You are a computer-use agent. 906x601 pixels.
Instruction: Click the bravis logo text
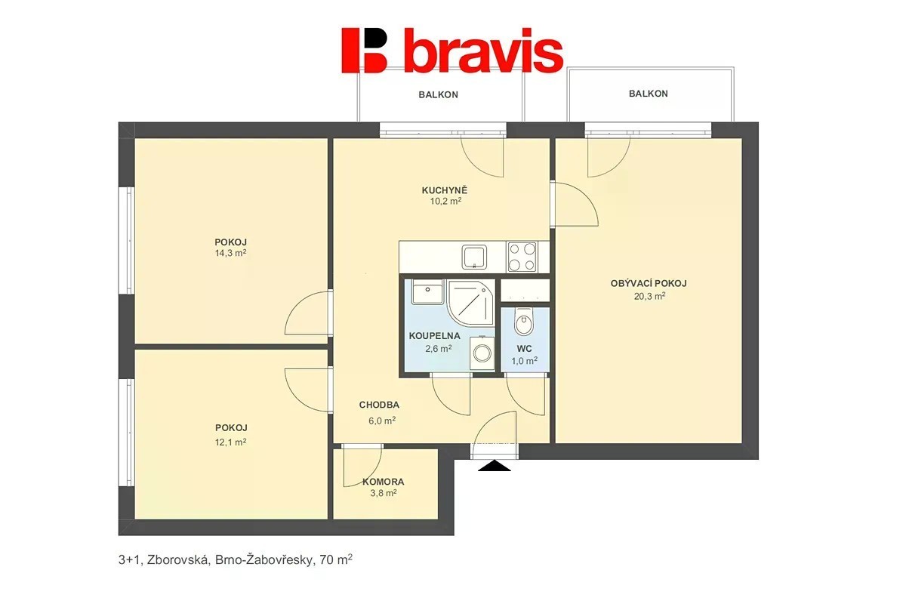483,51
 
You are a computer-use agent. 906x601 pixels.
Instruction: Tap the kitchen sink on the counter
474,257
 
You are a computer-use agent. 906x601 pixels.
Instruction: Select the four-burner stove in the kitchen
522,257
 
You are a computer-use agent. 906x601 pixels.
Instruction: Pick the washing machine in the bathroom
482,353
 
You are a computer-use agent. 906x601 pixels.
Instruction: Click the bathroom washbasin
427,293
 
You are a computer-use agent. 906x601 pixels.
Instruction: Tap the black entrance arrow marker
494,467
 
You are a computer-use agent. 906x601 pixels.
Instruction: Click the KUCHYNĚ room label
445,190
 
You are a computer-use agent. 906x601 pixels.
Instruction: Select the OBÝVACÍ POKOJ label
649,284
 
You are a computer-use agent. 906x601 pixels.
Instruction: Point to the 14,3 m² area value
230,253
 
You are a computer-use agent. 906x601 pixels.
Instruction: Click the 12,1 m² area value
230,442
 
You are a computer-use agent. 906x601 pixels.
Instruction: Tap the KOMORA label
383,482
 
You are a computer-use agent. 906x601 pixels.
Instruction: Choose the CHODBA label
379,405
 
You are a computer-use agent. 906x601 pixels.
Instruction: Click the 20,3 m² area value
649,296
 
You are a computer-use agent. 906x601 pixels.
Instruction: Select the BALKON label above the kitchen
438,94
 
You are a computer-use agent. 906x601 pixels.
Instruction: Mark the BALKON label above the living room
648,94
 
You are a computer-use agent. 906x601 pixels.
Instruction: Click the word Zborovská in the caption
178,560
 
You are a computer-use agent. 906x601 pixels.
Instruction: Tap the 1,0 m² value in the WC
524,361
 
